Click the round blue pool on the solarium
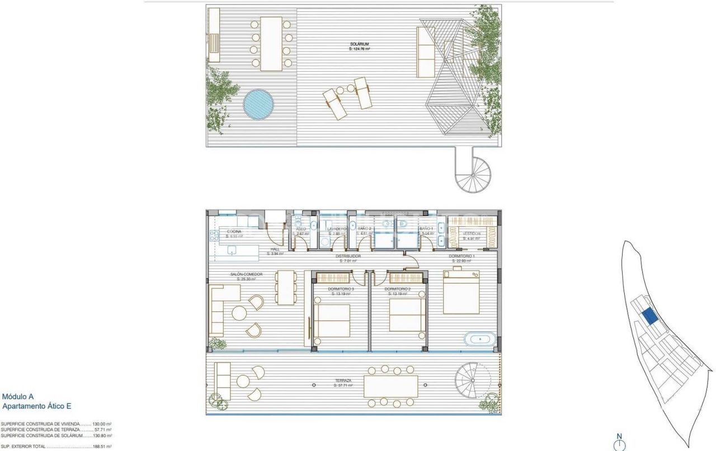[258, 104]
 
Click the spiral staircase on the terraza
[472, 380]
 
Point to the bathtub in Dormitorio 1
[479, 339]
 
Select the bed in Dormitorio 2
[407, 315]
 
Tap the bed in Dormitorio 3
[332, 320]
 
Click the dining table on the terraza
[390, 386]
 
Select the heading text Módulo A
[18, 397]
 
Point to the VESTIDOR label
[472, 234]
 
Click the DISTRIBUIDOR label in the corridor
[348, 256]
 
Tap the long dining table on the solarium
[271, 44]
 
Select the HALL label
[275, 249]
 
